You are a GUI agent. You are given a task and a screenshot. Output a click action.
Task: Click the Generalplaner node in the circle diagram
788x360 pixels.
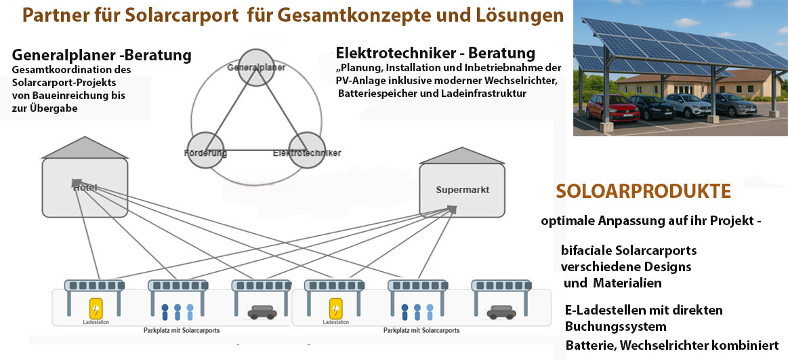pyautogui.click(x=255, y=67)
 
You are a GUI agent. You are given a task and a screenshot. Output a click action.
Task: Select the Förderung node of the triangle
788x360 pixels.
pyautogui.click(x=205, y=152)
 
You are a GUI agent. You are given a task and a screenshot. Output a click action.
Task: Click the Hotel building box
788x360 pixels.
pyautogui.click(x=85, y=186)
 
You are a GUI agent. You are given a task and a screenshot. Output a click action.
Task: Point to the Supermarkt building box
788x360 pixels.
pyautogui.click(x=462, y=190)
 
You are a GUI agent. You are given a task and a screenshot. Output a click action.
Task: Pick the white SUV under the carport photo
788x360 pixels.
pyautogui.click(x=684, y=105)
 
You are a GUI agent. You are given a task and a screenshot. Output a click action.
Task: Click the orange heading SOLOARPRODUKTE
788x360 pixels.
pyautogui.click(x=643, y=192)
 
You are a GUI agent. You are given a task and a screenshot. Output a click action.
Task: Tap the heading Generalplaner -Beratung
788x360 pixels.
pyautogui.click(x=102, y=55)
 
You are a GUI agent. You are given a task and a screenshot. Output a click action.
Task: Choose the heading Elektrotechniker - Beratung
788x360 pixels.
pyautogui.click(x=435, y=53)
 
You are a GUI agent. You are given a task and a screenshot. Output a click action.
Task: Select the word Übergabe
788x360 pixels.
pyautogui.click(x=51, y=107)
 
